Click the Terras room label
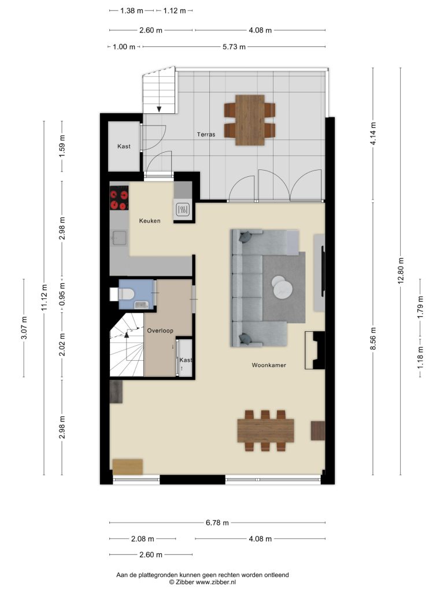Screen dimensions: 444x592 click(206, 134)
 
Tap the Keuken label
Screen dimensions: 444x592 click(150, 220)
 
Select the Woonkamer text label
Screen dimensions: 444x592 click(269, 365)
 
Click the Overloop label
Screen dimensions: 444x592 click(160, 330)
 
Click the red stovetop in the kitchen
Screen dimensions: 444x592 click(119, 199)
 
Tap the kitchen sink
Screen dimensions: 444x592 click(119, 238)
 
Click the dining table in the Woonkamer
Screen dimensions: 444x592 click(265, 430)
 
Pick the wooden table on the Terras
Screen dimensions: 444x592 click(250, 120)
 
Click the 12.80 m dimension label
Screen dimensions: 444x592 click(401, 271)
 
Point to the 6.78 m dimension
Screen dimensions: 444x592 click(217, 523)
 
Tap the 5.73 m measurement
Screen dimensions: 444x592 click(234, 47)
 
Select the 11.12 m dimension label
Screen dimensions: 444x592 click(44, 298)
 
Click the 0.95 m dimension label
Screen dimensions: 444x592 click(62, 294)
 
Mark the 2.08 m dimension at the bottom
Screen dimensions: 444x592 click(142, 539)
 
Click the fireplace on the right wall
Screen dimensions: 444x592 click(315, 350)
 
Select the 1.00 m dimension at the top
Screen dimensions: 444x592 click(124, 47)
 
